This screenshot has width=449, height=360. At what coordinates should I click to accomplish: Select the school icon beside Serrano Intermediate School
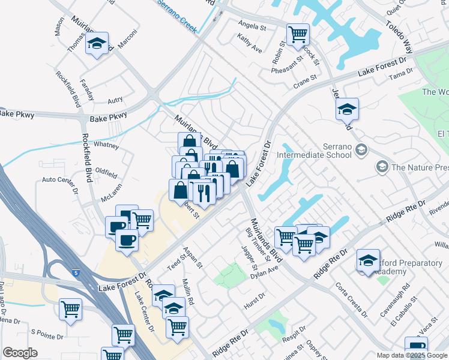click(x=361, y=149)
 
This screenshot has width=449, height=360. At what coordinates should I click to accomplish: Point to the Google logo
click(x=20, y=353)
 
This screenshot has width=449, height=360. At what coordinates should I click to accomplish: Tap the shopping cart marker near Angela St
click(x=297, y=34)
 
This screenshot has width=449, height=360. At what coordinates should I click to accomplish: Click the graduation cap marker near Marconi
click(x=96, y=44)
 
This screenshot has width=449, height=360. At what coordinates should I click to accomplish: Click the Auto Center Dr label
click(x=60, y=185)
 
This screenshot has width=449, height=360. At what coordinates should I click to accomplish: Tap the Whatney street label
click(x=106, y=146)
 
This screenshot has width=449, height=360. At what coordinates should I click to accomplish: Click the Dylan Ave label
click(x=264, y=272)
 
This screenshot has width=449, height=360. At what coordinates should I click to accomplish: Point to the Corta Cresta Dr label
click(x=351, y=299)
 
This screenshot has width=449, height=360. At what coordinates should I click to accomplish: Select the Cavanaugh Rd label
click(x=398, y=299)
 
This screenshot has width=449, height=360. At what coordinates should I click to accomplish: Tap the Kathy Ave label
click(x=249, y=43)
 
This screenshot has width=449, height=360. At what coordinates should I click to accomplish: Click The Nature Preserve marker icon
click(x=381, y=166)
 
